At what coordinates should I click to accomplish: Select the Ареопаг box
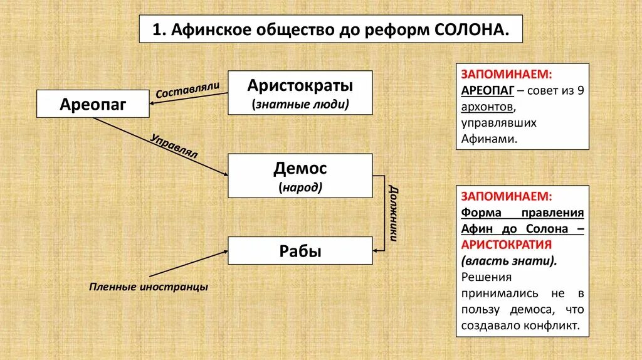pos(93,104)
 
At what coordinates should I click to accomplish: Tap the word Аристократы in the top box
pos(300,85)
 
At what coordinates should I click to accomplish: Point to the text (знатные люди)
pos(300,104)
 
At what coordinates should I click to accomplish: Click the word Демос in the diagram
pos(300,168)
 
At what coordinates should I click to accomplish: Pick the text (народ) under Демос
pos(300,187)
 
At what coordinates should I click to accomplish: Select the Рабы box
pos(300,251)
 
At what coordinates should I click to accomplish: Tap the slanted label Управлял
pos(174,146)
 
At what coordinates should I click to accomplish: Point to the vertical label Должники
pos(393,213)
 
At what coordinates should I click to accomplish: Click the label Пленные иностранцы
pos(148,287)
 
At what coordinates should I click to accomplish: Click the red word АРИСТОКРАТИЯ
pos(506,244)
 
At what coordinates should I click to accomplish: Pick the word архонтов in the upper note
pos(487,107)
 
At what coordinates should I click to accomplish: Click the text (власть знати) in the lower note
pos(509,260)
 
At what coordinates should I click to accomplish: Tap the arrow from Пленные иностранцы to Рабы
pos(188,263)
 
